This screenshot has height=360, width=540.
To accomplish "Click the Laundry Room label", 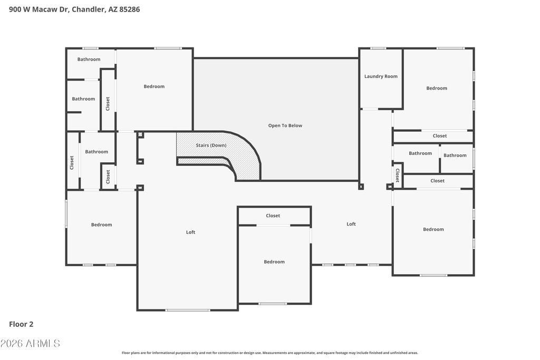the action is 381,76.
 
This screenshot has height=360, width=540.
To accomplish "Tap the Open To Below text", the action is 285,125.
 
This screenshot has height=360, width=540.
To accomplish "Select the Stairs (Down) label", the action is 211,145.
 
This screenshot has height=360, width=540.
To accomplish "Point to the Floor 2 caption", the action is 21,324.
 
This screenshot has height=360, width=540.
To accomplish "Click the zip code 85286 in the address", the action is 130,9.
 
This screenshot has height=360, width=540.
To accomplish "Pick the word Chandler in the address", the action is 89,9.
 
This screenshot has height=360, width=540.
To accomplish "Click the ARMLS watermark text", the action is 30,343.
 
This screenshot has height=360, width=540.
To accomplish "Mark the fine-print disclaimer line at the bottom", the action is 270,353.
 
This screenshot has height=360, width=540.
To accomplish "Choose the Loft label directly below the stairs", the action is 190,232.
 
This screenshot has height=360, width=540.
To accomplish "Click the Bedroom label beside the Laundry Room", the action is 437,88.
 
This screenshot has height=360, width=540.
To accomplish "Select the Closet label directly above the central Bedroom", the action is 273,216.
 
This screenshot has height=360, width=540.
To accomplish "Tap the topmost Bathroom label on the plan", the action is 89,59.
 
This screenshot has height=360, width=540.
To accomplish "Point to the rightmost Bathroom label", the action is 455,155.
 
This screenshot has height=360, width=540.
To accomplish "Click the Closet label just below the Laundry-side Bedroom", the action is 440,136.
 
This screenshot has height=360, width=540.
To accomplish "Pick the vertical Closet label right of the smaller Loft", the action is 398,175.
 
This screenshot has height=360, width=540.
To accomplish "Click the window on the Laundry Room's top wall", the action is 378,48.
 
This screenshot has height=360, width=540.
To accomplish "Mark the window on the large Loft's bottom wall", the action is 188,310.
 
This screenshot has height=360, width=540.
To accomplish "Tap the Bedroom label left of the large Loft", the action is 102,225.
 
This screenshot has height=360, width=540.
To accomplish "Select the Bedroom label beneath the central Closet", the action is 274,262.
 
